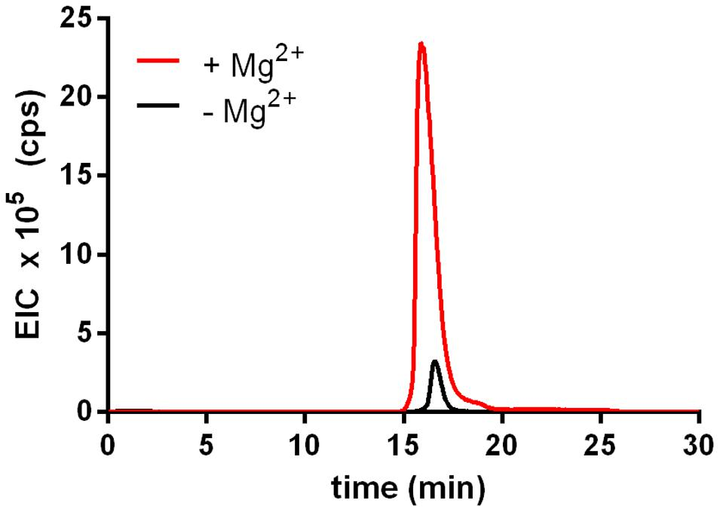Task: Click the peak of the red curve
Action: (421, 44)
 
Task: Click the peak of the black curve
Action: (435, 361)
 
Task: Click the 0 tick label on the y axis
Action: (86, 412)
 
